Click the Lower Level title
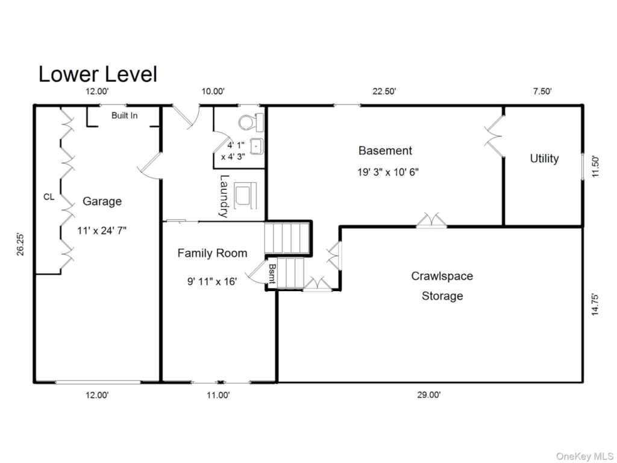98,74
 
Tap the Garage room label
102,201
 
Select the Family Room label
213,253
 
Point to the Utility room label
544,159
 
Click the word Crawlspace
442,276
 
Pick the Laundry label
224,196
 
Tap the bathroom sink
257,147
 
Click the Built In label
124,115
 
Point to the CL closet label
49,197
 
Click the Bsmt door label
272,274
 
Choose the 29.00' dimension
429,394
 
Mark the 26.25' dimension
20,245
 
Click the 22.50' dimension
384,92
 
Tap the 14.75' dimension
595,304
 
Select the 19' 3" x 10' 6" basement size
387,172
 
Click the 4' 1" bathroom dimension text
236,145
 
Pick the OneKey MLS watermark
584,456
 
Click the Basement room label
385,150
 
